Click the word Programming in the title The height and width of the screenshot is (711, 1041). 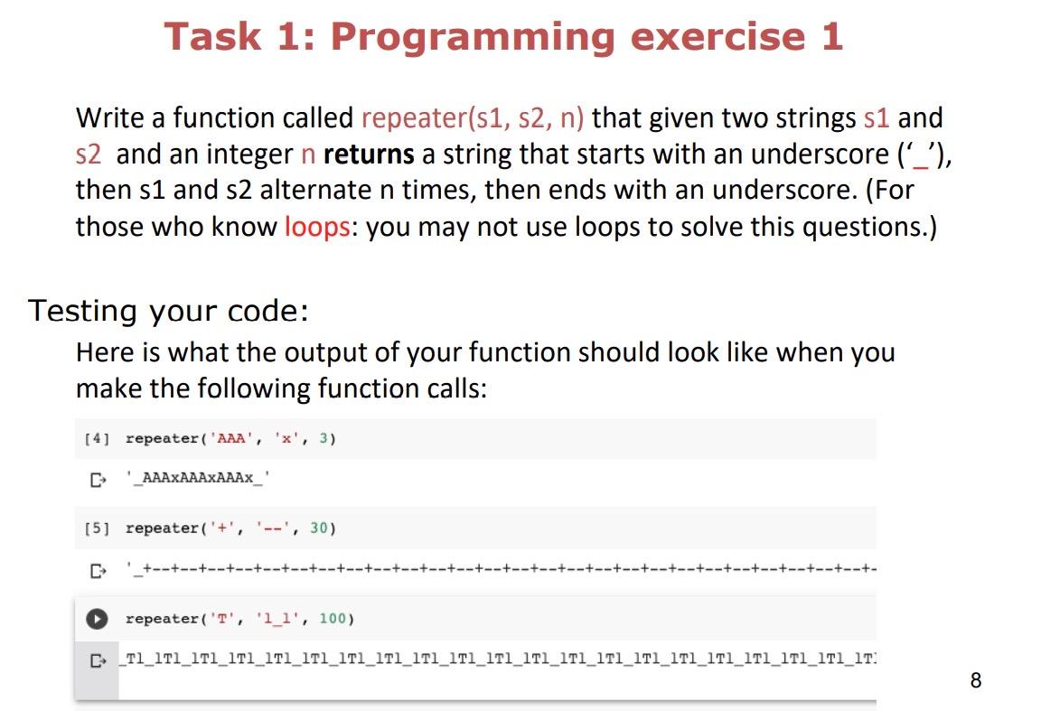click(x=474, y=37)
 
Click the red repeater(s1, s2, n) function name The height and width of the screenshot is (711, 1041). click(x=473, y=118)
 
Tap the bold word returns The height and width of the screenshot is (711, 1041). click(x=369, y=154)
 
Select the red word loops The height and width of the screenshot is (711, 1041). click(x=317, y=227)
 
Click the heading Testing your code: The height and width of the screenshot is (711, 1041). click(x=169, y=311)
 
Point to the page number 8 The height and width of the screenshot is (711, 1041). click(x=975, y=680)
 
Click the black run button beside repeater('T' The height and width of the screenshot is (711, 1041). click(x=97, y=619)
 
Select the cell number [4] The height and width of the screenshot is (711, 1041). click(x=97, y=438)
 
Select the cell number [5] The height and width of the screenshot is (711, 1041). click(x=97, y=529)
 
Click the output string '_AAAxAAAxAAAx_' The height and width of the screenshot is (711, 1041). click(x=198, y=478)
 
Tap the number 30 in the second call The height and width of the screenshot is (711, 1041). click(x=319, y=529)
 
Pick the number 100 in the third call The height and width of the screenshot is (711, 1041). click(x=333, y=619)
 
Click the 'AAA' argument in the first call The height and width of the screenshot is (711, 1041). click(x=231, y=438)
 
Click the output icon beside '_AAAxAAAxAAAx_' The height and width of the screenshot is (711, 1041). click(x=98, y=480)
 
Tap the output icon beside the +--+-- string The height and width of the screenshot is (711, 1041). click(x=98, y=570)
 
